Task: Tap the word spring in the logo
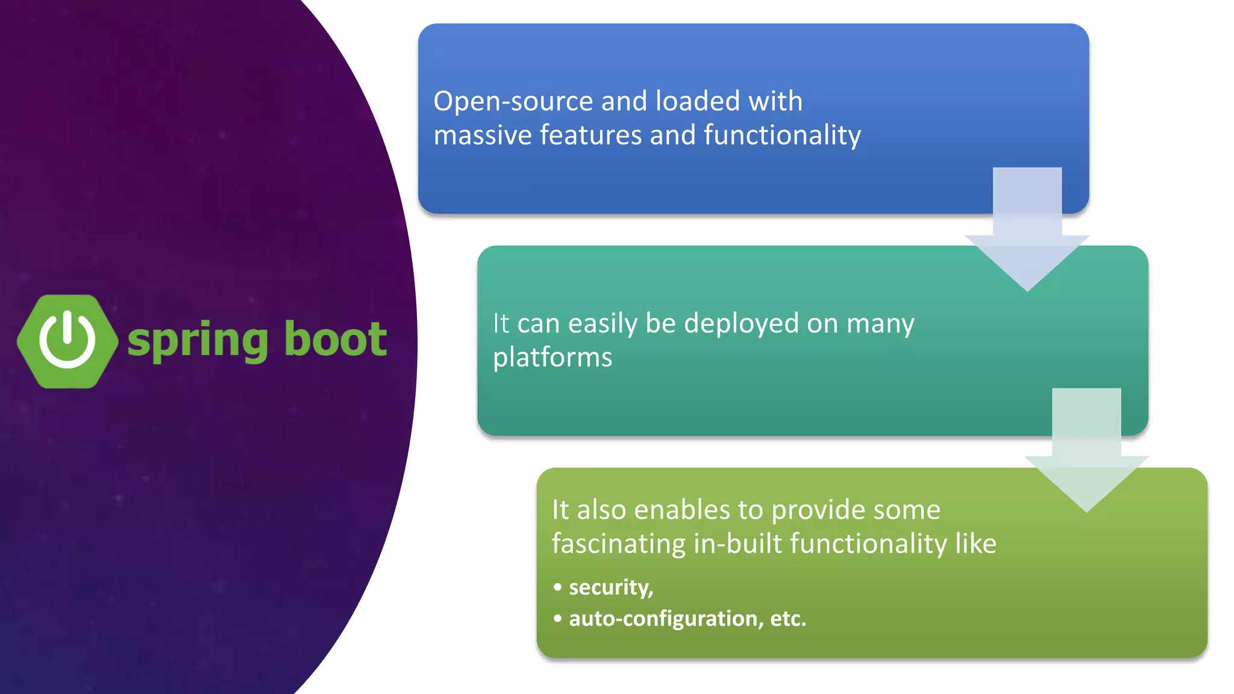pyautogui.click(x=198, y=340)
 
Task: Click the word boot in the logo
pyautogui.click(x=335, y=339)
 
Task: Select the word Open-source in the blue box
pyautogui.click(x=513, y=101)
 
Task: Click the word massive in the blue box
pyautogui.click(x=482, y=135)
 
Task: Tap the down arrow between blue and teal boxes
pyautogui.click(x=1027, y=235)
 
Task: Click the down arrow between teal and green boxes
pyautogui.click(x=1086, y=456)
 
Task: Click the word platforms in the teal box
pyautogui.click(x=552, y=357)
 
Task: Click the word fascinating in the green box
pyautogui.click(x=618, y=543)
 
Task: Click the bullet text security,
pyautogui.click(x=610, y=587)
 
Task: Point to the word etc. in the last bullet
pyautogui.click(x=788, y=619)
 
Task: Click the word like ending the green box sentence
pyautogui.click(x=976, y=543)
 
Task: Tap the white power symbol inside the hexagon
pyautogui.click(x=67, y=339)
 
